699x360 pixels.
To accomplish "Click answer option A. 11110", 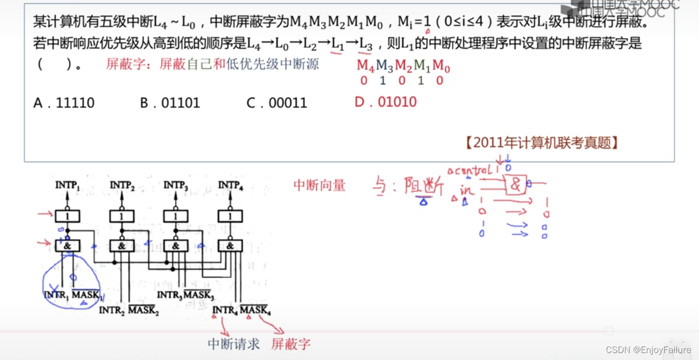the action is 64,103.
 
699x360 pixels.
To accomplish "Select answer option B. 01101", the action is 170,103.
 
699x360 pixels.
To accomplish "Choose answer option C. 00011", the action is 277,103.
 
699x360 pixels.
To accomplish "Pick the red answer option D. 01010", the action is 386,102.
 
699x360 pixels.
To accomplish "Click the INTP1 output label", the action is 67,185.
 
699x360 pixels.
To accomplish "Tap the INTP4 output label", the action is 230,185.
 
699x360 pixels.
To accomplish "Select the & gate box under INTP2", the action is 122,246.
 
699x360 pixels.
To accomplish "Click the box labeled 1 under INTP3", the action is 176,216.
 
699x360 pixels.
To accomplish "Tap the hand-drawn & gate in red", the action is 515,185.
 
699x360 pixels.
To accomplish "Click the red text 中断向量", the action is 319,185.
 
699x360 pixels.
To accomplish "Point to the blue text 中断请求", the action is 234,344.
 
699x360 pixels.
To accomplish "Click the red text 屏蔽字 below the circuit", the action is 291,344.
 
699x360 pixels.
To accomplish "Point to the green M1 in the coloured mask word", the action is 422,66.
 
